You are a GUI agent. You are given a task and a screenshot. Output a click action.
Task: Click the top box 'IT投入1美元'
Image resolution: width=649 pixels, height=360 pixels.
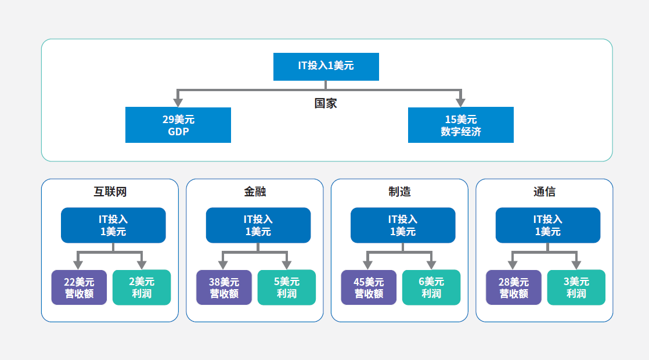pos(326,67)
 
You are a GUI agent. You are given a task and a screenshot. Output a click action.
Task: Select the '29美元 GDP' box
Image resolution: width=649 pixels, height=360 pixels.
pos(178,125)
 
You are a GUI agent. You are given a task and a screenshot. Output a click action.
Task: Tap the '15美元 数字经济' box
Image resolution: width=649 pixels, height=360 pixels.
pos(461,125)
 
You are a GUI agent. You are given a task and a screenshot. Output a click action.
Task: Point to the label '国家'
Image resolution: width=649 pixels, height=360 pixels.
pos(326,103)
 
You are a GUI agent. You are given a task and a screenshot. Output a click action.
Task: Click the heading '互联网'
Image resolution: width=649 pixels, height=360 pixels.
pos(110,192)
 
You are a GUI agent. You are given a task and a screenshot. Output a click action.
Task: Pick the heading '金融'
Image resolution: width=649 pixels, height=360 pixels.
pos(255,192)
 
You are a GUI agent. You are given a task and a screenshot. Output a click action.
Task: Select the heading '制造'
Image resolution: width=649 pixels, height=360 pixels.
pos(400,192)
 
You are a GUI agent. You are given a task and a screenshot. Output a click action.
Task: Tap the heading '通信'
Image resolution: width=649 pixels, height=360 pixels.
pos(545,192)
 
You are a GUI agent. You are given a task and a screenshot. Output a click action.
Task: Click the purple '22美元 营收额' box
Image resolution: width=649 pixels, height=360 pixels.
pos(79,287)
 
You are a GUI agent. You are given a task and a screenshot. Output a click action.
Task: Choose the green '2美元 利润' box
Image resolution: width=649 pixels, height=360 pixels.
pos(142,287)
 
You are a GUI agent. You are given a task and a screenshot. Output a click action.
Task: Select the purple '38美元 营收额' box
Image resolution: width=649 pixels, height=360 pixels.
pos(224,287)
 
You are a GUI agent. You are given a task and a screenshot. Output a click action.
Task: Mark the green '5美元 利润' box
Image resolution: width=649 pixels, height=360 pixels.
pos(286,287)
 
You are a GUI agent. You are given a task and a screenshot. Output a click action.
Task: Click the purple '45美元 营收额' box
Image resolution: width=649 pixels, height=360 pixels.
pos(369,287)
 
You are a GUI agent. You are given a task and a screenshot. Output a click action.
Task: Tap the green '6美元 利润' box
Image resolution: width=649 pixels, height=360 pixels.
pos(431,287)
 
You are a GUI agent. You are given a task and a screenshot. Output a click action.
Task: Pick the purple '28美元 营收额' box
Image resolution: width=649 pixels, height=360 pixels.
pos(514,287)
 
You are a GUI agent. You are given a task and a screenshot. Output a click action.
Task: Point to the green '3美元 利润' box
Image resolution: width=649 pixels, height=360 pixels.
pos(576,287)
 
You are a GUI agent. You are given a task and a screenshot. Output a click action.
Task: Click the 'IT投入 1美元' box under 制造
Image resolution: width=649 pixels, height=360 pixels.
pos(403,225)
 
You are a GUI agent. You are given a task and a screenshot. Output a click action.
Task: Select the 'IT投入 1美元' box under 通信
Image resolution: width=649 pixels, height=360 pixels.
pos(548,225)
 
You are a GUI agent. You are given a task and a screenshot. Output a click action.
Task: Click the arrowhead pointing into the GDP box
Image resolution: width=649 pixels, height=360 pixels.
pos(178,103)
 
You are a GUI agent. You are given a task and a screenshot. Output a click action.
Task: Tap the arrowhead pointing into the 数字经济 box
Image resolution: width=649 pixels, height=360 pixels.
pos(461,103)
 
